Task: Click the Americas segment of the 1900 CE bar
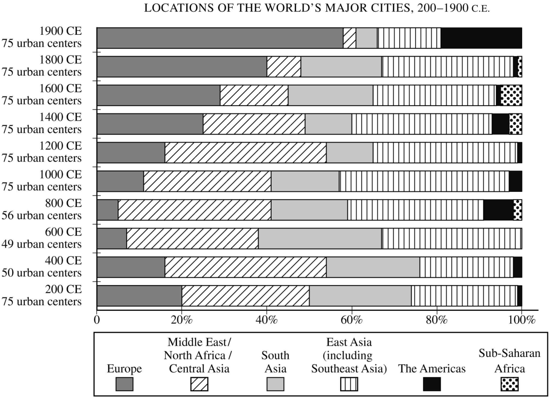coord(481,38)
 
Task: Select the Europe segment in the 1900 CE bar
coord(220,38)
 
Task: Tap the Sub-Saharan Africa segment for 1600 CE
coord(511,95)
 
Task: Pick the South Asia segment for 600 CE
coord(320,239)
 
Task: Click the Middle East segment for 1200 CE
coord(246,153)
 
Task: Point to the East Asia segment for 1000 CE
coord(424,181)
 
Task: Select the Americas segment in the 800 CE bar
coord(498,210)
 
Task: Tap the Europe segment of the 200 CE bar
coord(139,296)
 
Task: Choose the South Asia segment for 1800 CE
coord(341,67)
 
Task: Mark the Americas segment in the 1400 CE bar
coord(500,124)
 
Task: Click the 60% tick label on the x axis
coord(352,319)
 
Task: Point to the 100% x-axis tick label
coord(521,319)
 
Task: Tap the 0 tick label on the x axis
coord(97,319)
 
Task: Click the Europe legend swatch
coord(124,384)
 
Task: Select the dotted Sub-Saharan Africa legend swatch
coord(509,384)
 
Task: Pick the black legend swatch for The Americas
coord(432,384)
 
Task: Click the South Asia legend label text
coord(275,361)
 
